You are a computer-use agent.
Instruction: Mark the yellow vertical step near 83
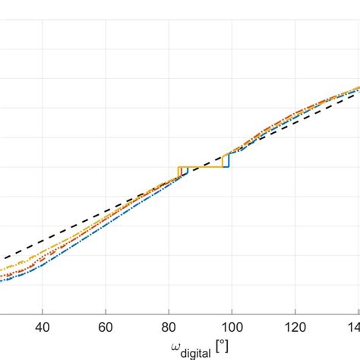coord(178,171)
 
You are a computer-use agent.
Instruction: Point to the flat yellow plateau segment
coord(201,166)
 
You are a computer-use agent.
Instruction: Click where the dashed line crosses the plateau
coord(199,166)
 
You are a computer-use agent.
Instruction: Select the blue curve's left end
coord(2,281)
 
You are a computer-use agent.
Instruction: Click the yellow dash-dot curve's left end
coord(2,269)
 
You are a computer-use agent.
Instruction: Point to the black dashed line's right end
coord(358,93)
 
